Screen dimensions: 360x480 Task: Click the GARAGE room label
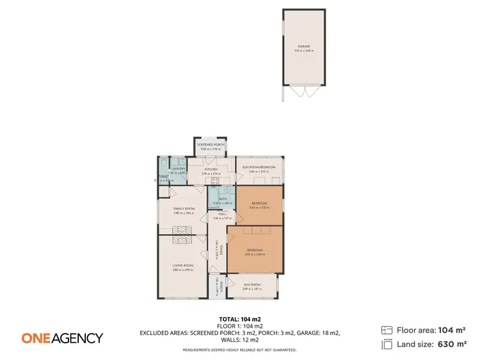pos(303,46)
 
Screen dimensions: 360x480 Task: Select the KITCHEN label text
pos(211,169)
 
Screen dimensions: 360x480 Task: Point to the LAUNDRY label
pos(178,169)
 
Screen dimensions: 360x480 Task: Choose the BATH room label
pos(222,199)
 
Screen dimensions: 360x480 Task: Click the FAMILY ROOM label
pos(184,208)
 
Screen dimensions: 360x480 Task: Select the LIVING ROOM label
pos(183,265)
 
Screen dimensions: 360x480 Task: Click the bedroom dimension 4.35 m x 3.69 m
pos(255,254)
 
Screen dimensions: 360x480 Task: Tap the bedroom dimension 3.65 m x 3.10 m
pos(259,207)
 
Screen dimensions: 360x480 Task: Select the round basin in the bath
pos(228,190)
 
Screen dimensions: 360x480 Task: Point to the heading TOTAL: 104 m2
pos(239,318)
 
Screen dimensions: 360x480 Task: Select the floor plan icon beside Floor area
pos(387,330)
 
